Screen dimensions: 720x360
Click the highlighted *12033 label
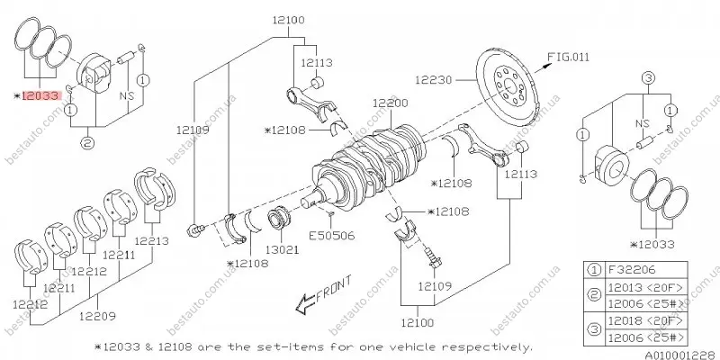click(x=37, y=96)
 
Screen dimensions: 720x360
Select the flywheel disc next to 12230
click(x=506, y=83)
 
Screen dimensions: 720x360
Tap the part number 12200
click(x=390, y=103)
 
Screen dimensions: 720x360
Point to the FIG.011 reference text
click(x=569, y=57)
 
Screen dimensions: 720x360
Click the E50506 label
click(x=331, y=236)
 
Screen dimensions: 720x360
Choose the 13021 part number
click(x=283, y=249)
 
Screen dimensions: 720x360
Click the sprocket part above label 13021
click(x=280, y=218)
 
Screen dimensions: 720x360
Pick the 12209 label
click(x=97, y=316)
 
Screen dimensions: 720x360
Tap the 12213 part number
click(x=151, y=240)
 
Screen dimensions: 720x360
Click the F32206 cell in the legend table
click(x=646, y=269)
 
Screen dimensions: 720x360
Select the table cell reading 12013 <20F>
click(x=646, y=287)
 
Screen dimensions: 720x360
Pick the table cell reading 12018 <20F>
click(x=646, y=320)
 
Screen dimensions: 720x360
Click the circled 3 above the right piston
click(x=647, y=78)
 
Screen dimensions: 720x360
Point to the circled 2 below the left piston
click(x=88, y=143)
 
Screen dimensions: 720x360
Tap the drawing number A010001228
click(x=682, y=355)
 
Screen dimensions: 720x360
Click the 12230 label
click(x=434, y=80)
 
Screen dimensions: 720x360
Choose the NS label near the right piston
click(x=643, y=123)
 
